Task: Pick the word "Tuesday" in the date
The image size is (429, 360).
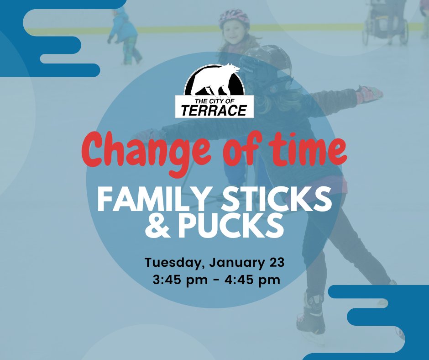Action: coord(172,264)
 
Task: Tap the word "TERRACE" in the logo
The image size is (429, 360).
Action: coord(214,110)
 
